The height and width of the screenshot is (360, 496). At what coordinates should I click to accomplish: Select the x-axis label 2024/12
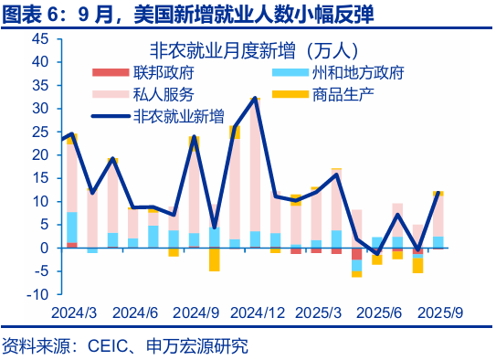pos(258,312)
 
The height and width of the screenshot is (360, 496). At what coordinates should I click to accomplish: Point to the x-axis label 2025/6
pos(378,312)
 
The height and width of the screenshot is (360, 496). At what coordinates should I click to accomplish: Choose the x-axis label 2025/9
pos(439,312)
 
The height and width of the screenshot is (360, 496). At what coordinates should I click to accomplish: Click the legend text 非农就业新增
pos(179,116)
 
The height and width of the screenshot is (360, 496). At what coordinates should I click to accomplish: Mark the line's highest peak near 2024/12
pos(255,98)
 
